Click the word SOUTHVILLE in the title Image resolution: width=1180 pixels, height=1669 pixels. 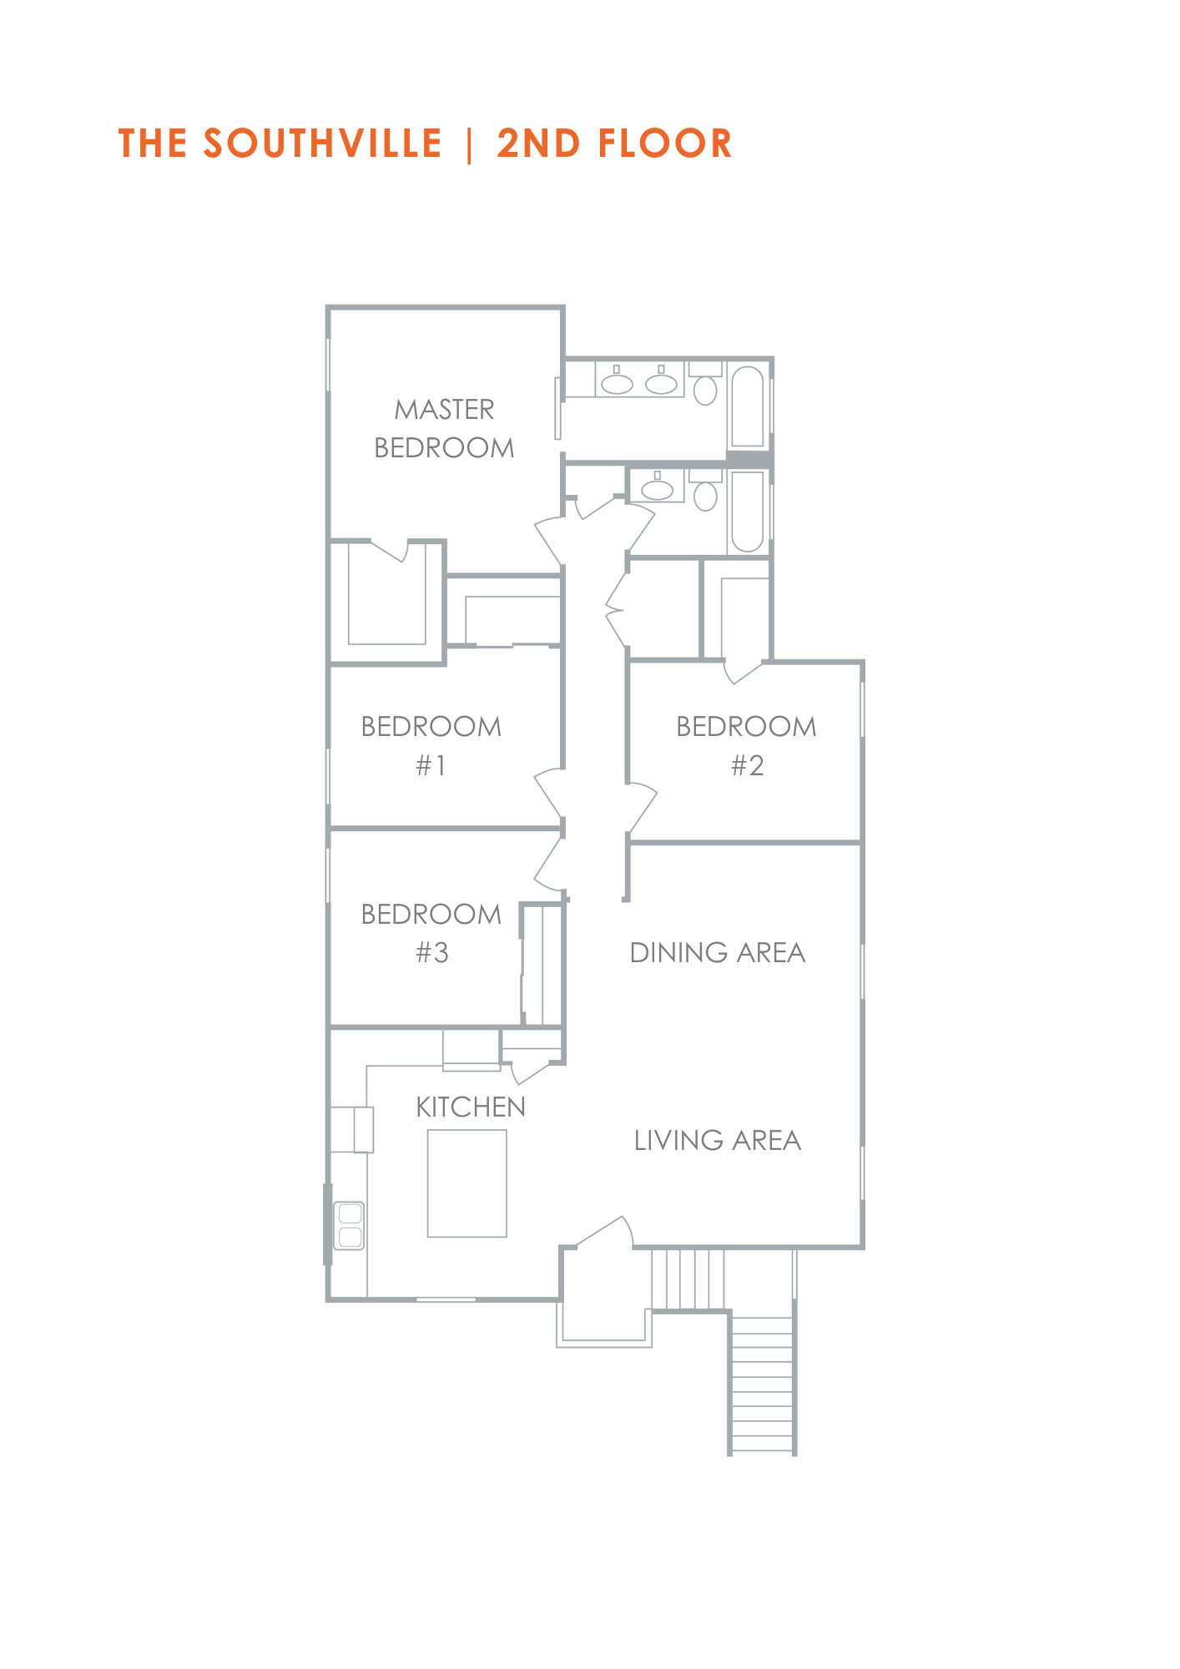pos(323,144)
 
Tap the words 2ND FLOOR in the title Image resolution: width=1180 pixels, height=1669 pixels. pos(615,144)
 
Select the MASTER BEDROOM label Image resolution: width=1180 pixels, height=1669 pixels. pos(444,429)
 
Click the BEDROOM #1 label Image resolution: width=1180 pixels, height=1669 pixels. pos(431,746)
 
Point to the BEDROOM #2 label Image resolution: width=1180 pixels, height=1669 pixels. pos(747,746)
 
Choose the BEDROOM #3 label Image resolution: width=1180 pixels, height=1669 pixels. pos(431,933)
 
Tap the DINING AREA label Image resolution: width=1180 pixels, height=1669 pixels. pos(718,953)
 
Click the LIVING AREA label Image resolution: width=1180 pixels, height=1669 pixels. pos(718,1141)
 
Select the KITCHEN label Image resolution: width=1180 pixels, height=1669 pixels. pos(471,1107)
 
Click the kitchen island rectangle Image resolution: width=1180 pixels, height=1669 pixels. pos(467,1183)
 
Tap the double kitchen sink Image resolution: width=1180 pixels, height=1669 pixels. pos(350,1225)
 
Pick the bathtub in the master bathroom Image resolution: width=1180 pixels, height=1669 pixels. pos(748,406)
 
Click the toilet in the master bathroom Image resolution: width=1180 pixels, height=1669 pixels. pos(706,385)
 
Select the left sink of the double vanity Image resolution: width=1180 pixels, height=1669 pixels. pos(618,383)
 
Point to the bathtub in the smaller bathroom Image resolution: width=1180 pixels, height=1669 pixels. pos(748,512)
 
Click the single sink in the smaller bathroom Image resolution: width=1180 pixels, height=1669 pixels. pos(658,487)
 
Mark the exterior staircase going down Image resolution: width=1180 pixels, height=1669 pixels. pos(762,1384)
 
